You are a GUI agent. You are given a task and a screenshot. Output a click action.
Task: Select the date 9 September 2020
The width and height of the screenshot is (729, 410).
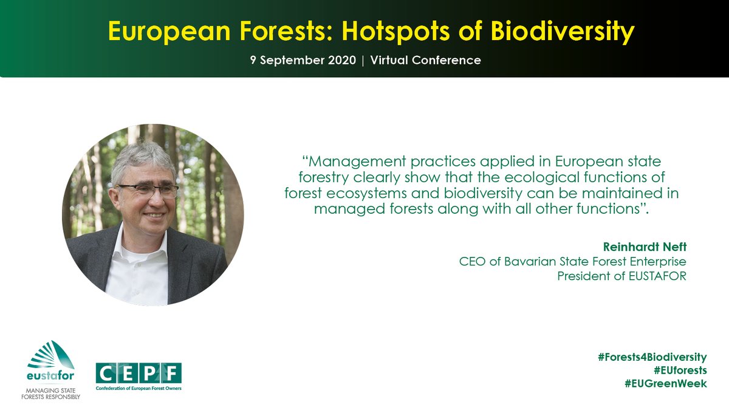[x=301, y=61]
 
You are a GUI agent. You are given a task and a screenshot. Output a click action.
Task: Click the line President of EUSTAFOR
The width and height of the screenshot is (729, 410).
[x=621, y=276]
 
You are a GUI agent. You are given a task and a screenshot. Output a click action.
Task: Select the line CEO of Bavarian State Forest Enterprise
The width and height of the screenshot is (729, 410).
[x=573, y=261]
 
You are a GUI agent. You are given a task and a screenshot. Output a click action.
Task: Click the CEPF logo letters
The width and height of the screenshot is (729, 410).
[x=139, y=372]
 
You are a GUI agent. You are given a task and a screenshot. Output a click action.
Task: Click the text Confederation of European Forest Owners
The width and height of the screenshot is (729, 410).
[x=139, y=388]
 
